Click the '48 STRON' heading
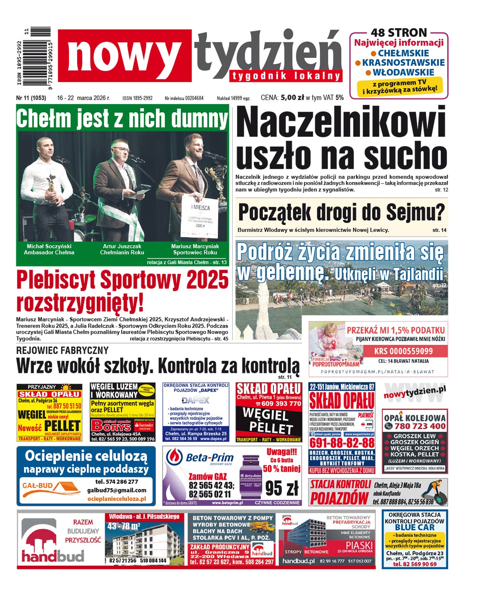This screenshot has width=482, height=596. click(x=398, y=33)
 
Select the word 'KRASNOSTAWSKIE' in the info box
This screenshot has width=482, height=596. click(x=403, y=63)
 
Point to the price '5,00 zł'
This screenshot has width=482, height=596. click(x=292, y=97)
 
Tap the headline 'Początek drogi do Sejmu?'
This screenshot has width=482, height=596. click(x=341, y=212)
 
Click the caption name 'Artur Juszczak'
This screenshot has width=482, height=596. click(x=122, y=246)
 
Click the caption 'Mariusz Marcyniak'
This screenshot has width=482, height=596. click(x=195, y=246)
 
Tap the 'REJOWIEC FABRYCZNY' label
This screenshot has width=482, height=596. click(x=62, y=350)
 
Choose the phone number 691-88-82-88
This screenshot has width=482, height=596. click(x=342, y=443)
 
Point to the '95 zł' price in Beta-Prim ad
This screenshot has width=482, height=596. click(x=282, y=488)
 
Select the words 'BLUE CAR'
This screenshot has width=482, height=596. click(x=415, y=527)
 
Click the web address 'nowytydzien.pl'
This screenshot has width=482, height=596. click(x=415, y=391)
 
